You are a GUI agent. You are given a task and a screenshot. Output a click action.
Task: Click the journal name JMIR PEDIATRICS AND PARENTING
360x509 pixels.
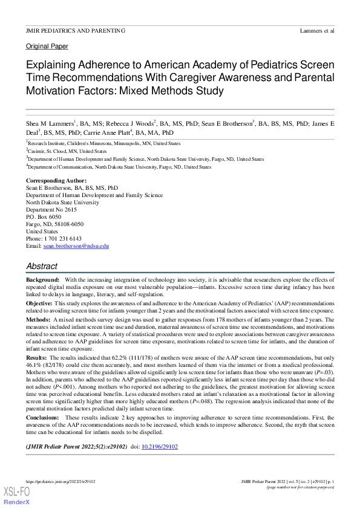(76, 30)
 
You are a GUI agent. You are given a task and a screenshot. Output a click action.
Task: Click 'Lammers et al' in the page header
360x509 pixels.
(316, 30)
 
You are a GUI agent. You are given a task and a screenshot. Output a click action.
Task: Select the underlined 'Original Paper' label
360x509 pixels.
(47, 46)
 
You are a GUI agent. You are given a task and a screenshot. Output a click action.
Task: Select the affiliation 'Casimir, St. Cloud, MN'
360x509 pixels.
(59, 151)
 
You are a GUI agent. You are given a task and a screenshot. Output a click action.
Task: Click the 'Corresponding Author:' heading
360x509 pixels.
(56, 181)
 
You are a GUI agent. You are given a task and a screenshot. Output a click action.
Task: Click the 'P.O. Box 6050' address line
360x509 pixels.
(44, 217)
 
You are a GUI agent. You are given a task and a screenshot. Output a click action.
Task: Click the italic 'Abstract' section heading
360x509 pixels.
(42, 266)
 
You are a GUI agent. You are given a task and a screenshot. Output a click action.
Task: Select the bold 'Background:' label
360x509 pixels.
(43, 280)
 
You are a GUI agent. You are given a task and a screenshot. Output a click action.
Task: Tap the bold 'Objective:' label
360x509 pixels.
(39, 302)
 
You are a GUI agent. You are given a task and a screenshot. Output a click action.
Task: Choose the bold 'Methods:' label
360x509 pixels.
(38, 319)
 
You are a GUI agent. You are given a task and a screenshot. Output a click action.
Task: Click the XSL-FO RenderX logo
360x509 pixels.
(16, 496)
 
